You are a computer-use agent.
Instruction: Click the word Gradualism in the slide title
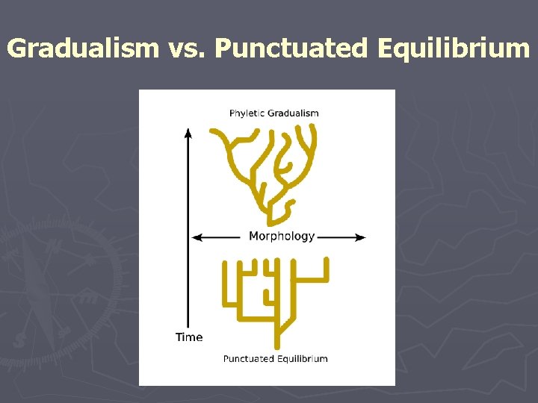coord(82,49)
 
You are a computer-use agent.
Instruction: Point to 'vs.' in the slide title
coord(186,49)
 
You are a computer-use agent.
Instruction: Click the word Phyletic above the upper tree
coord(246,113)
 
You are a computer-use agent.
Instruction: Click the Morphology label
coord(282,237)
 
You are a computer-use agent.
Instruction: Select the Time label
coord(189,337)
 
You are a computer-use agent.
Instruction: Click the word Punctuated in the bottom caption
coord(248,359)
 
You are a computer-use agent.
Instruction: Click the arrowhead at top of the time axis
coord(188,133)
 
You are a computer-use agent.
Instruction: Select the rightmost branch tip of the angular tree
coord(327,262)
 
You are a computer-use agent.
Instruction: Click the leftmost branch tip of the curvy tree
coord(212,131)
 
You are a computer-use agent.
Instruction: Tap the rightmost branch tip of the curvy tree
coord(313,129)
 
